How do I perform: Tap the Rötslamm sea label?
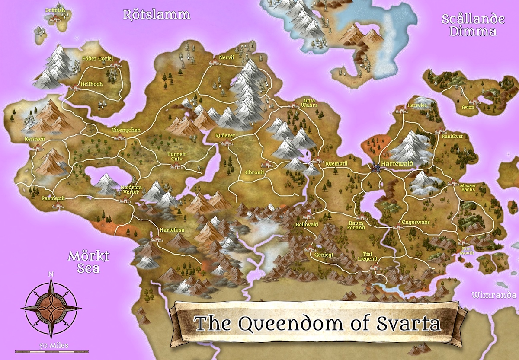click(x=157, y=15)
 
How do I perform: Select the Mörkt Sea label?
click(x=89, y=262)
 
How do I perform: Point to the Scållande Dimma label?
click(x=473, y=25)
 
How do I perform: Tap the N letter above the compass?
click(x=51, y=274)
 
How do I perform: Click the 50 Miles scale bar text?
click(x=51, y=345)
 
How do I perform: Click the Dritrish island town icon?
click(x=55, y=19)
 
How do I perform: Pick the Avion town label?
click(x=468, y=108)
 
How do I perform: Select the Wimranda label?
click(x=494, y=296)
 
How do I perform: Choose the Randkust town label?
click(x=452, y=137)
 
